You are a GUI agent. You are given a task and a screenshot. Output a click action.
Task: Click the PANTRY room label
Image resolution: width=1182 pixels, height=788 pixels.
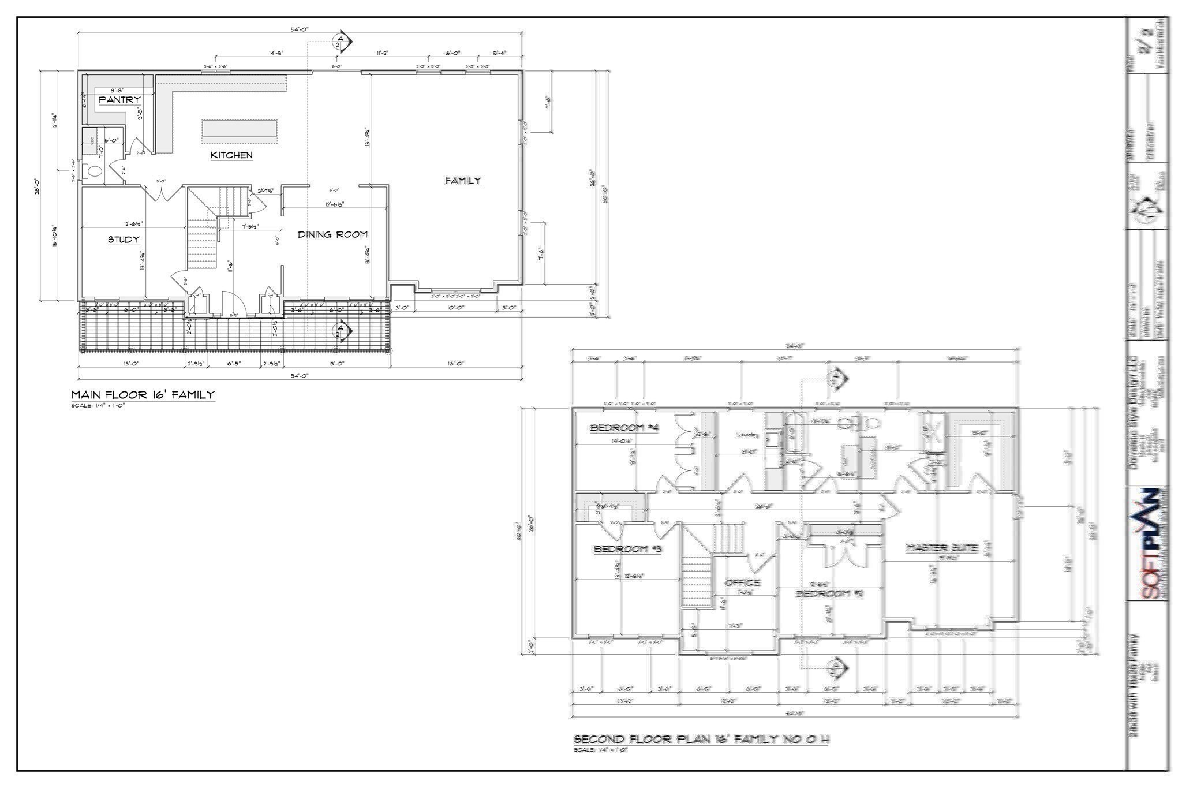(119, 100)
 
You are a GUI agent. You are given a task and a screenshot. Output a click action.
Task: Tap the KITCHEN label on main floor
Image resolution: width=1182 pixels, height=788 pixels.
(231, 155)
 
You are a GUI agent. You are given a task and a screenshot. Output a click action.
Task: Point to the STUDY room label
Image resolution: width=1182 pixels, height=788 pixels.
(124, 240)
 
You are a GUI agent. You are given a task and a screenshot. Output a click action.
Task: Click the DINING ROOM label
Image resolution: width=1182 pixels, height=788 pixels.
(332, 234)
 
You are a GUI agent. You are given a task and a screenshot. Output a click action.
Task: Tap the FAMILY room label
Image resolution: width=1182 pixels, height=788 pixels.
(462, 181)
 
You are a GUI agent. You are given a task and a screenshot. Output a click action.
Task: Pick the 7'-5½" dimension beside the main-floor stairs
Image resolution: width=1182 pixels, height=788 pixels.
(250, 226)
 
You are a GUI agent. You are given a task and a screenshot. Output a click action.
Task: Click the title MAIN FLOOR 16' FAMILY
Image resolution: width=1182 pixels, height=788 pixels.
(143, 395)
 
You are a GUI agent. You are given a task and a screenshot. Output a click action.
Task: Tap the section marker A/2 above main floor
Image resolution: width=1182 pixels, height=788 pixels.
(341, 42)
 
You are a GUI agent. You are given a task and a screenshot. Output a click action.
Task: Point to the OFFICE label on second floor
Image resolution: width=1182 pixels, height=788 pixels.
(742, 582)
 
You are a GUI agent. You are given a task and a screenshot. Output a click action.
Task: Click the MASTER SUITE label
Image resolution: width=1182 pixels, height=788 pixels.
(942, 547)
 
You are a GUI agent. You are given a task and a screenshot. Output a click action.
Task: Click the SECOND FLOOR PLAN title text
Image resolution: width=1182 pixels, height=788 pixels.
(701, 739)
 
